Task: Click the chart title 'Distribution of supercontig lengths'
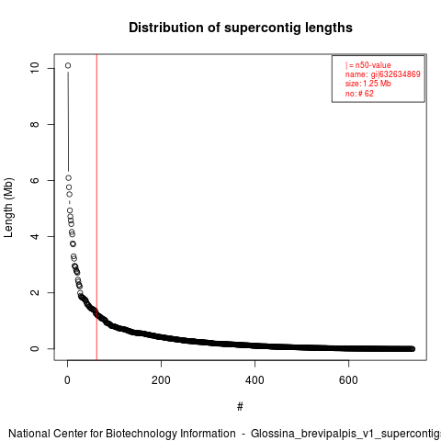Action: coord(241,28)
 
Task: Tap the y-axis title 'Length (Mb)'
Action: coord(8,208)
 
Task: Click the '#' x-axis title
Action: coord(240,407)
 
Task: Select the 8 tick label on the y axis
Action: coord(35,124)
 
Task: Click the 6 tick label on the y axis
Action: coord(35,180)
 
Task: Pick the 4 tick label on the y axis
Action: coord(35,236)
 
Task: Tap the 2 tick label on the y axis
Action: coord(35,292)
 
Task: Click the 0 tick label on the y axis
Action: coord(35,348)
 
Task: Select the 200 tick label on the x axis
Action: coord(161,380)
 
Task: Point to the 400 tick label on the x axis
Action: coord(254,380)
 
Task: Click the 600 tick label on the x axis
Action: coord(348,380)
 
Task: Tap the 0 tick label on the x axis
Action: coord(67,380)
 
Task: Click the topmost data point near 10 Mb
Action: coord(68,65)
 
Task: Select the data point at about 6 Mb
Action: coord(68,178)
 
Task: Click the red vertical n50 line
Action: coord(96,208)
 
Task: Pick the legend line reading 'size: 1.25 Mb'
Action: coord(368,84)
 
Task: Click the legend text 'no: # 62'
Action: coord(359,93)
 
